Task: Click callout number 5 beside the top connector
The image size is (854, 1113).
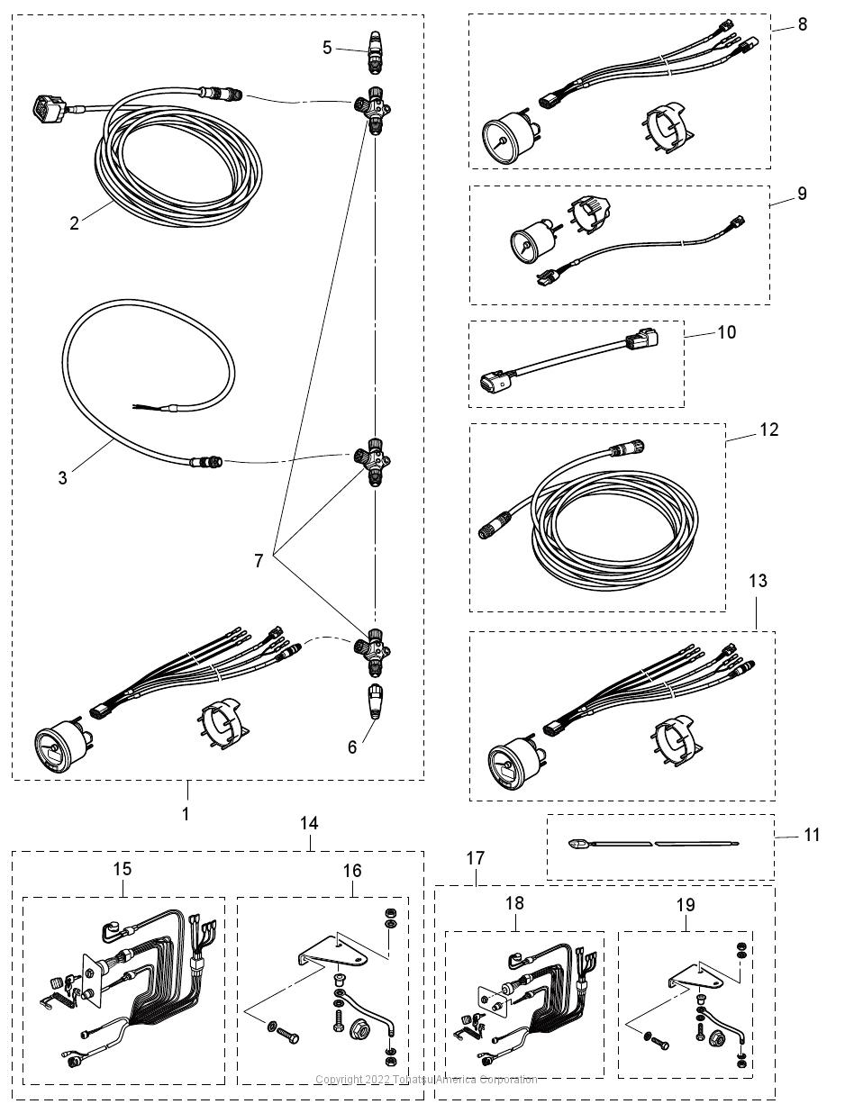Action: pos(327,47)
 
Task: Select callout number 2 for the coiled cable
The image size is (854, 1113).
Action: pos(75,222)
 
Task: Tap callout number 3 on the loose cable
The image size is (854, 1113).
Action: pos(62,477)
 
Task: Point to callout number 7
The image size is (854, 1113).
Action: pos(259,560)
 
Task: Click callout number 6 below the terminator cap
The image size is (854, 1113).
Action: pos(352,747)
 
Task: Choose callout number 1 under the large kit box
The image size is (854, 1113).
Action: pos(186,813)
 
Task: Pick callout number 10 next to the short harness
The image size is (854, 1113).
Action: pos(727,331)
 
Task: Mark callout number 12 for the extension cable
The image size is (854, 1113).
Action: pos(768,429)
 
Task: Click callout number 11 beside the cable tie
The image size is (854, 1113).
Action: pos(812,835)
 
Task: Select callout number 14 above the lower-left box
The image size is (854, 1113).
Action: pos(309,823)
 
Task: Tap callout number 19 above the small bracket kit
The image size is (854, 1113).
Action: pos(686,903)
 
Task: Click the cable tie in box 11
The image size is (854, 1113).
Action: pos(653,844)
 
